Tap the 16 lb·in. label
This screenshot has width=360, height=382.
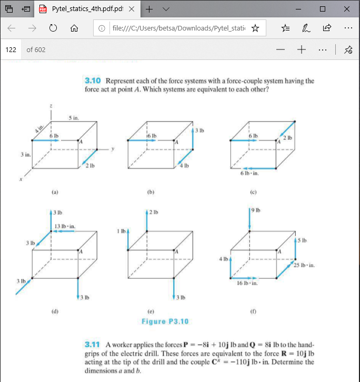click(x=247, y=284)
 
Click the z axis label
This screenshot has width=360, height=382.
click(x=51, y=105)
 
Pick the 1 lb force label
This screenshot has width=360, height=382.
click(x=121, y=231)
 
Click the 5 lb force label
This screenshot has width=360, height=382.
click(x=302, y=240)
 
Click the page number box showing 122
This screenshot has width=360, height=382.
click(x=11, y=49)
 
